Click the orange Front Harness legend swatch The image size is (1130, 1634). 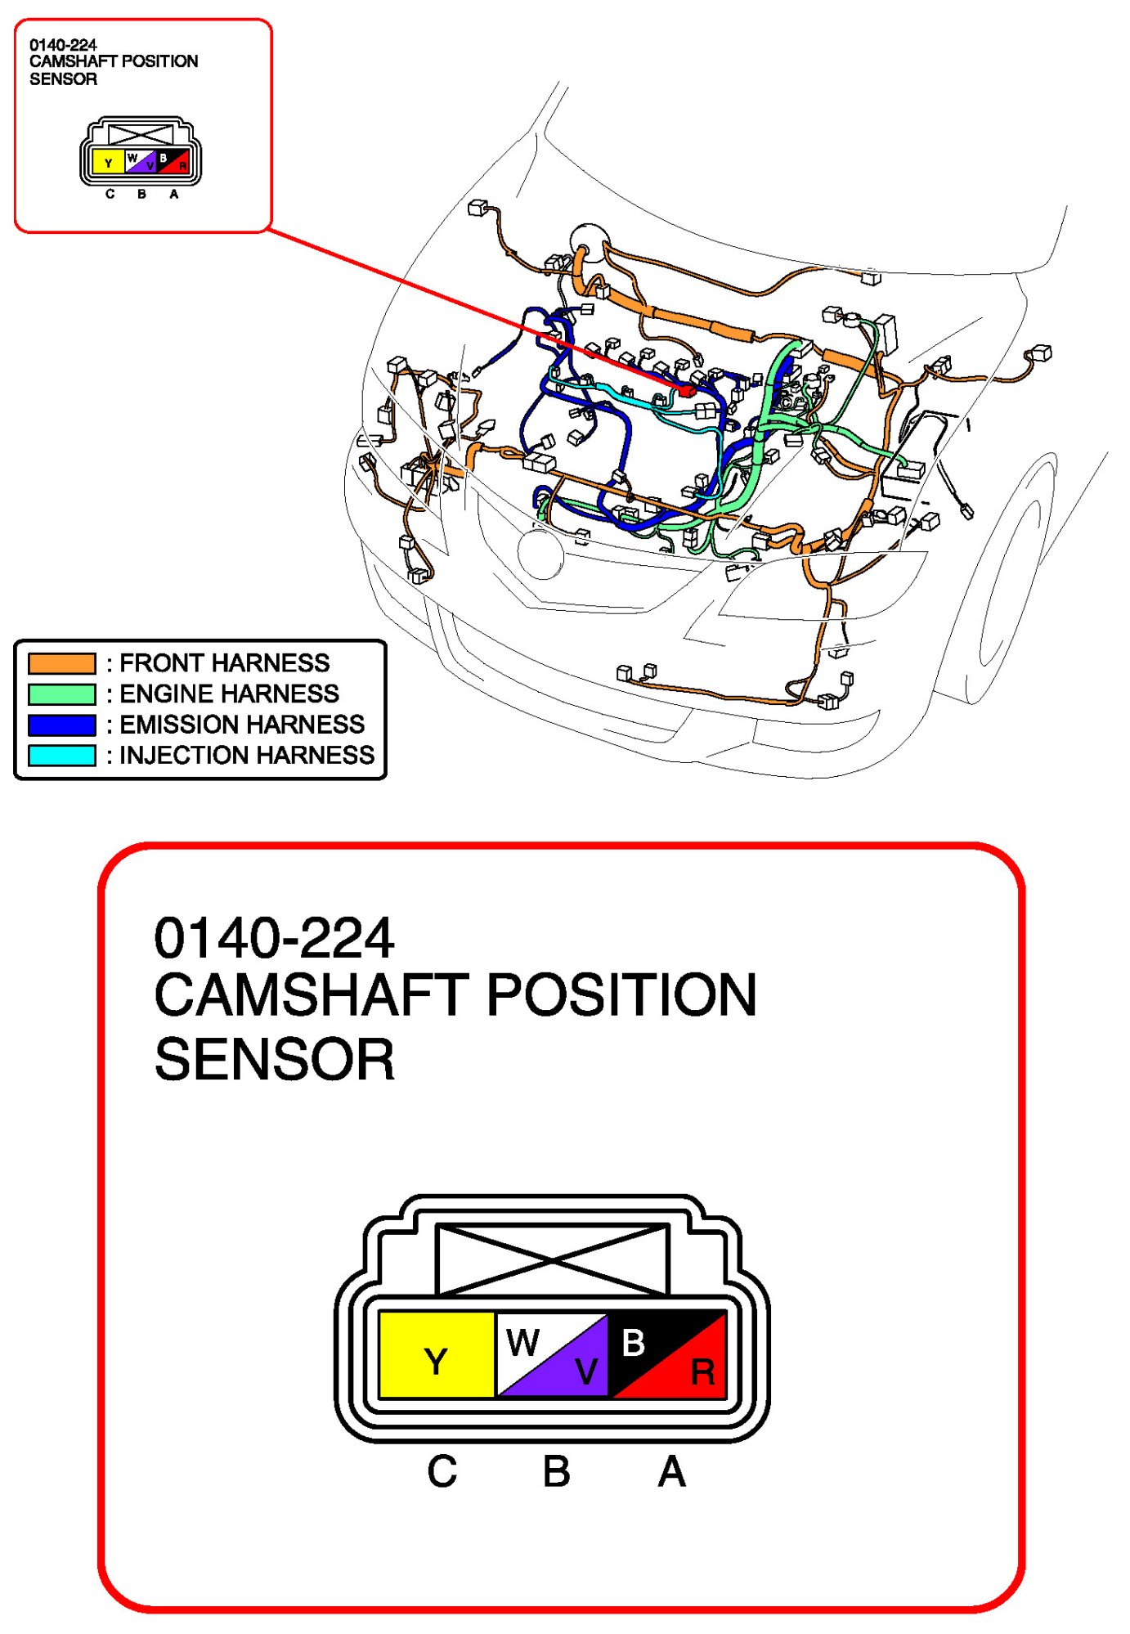click(61, 662)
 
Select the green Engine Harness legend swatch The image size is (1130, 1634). click(61, 694)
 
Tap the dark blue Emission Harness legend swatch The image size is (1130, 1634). click(61, 725)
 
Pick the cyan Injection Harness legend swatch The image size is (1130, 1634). click(61, 755)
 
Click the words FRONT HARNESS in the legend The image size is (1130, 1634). click(225, 662)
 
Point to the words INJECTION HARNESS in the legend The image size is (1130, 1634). click(247, 755)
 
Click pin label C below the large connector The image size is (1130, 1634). click(442, 1471)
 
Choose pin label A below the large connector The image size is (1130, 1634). click(671, 1471)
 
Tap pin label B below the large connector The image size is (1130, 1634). click(556, 1471)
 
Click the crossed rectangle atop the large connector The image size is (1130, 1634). click(553, 1259)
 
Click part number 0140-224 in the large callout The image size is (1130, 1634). click(274, 937)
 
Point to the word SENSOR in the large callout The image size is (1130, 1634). click(274, 1059)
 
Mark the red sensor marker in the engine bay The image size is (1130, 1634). click(686, 391)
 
